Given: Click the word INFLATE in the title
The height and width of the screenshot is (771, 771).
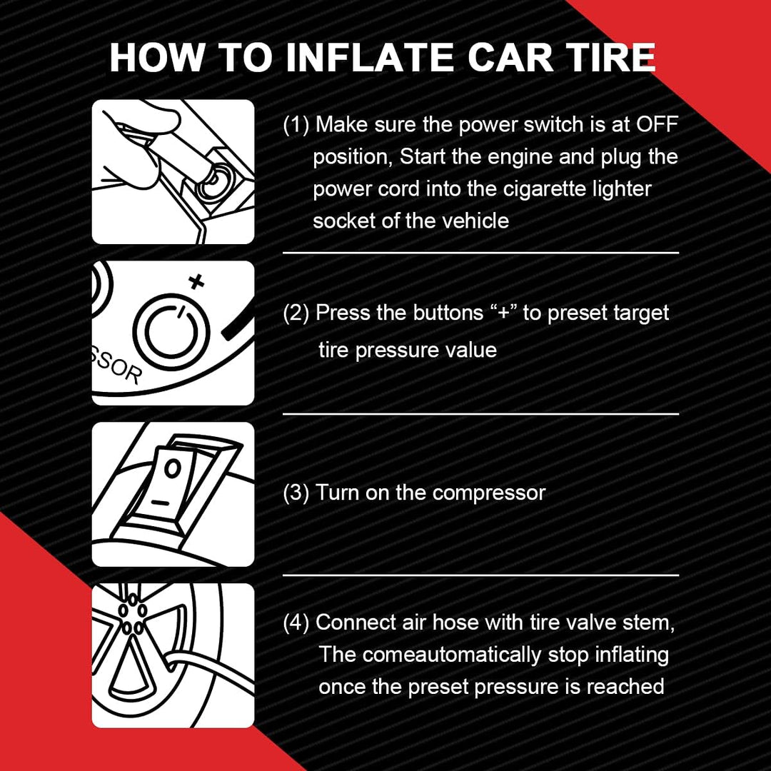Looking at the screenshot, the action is (x=370, y=58).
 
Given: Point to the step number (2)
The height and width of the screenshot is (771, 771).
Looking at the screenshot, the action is (x=296, y=313).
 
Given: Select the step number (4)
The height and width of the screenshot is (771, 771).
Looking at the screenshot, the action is (x=296, y=623).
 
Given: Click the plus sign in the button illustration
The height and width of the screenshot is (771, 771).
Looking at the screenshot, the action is (x=197, y=282).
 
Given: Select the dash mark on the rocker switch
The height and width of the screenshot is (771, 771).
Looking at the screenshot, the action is (x=160, y=503).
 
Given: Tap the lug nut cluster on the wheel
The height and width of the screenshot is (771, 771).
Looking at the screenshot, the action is (x=133, y=614).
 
